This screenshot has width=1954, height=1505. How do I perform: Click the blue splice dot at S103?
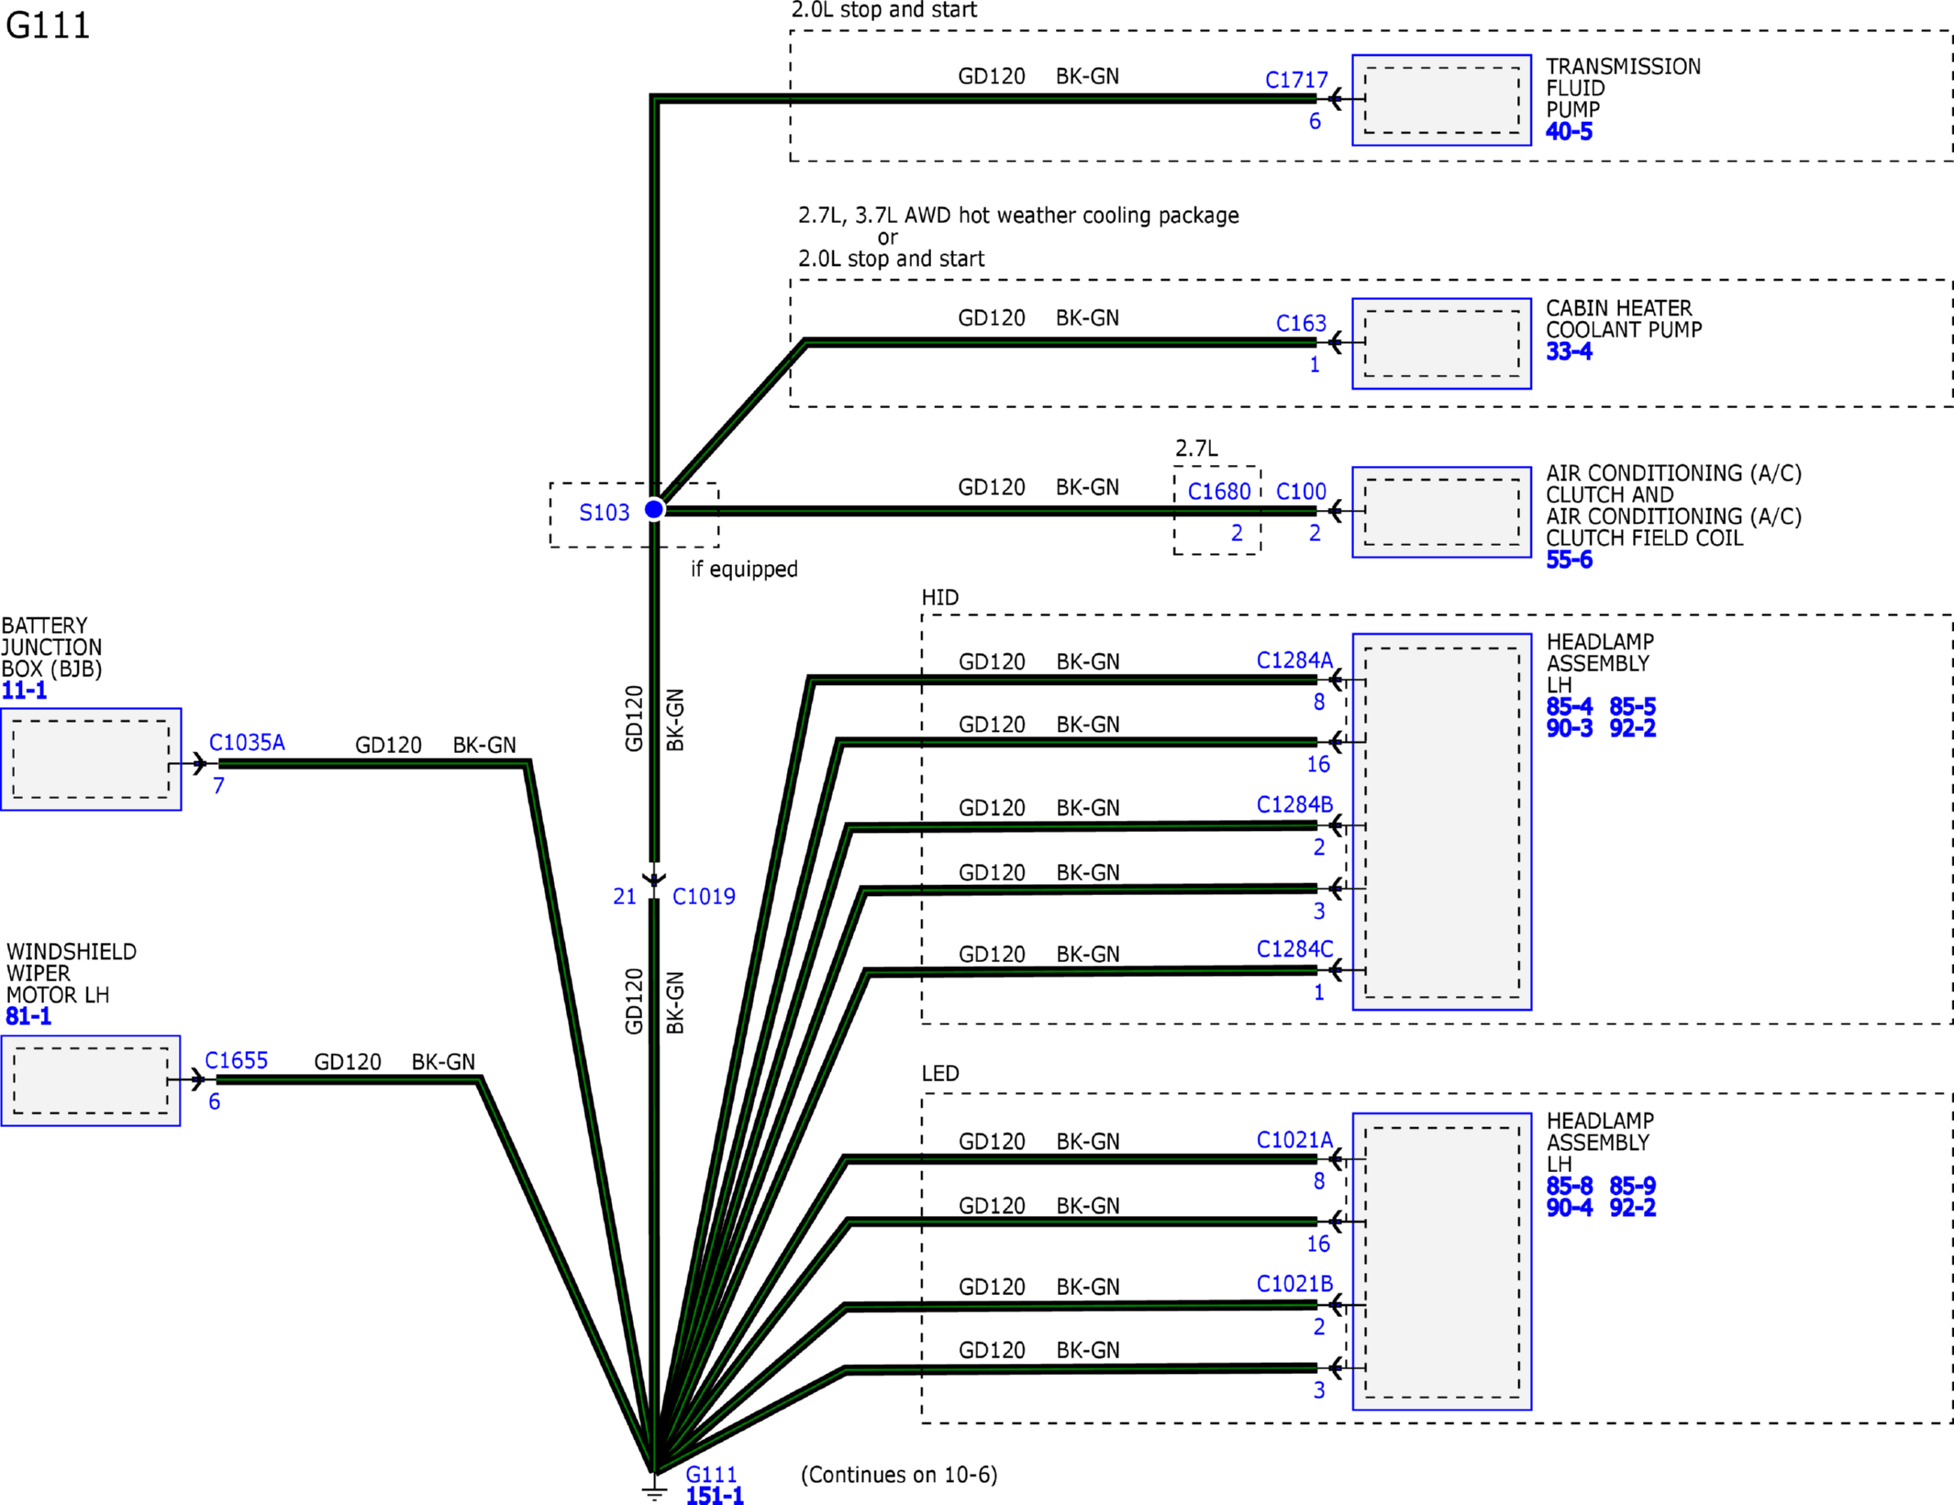(654, 509)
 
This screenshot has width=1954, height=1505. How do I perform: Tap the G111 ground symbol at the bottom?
(654, 1488)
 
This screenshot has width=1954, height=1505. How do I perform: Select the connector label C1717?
(1296, 80)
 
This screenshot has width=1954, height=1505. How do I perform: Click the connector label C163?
(1301, 323)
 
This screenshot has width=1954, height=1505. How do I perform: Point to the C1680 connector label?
(1219, 492)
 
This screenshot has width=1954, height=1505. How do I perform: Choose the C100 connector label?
(1301, 492)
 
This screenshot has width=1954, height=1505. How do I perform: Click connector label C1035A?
(247, 742)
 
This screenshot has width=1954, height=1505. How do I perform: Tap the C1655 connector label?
(236, 1060)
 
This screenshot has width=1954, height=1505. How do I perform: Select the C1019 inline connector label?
(704, 896)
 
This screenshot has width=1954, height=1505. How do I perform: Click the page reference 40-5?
(1569, 131)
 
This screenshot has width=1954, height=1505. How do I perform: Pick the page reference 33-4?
(1569, 351)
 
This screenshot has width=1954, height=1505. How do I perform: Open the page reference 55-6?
(1569, 559)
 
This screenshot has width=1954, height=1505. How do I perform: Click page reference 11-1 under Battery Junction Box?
(24, 691)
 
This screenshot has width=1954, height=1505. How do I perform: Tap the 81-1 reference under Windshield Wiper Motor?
(28, 1016)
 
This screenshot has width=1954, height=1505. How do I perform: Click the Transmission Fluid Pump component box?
(1441, 100)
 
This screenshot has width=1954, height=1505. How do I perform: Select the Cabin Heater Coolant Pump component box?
(1441, 343)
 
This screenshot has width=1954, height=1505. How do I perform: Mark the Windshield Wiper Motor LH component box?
(91, 1080)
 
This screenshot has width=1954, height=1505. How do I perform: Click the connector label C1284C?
(1294, 948)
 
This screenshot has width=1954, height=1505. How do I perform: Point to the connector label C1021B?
(1294, 1283)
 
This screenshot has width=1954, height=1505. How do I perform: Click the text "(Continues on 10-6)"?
(899, 1475)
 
